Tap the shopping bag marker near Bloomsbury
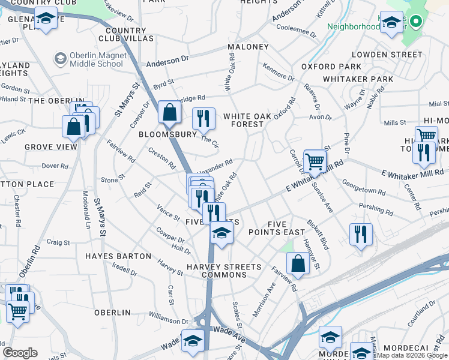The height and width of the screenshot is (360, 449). (x=170, y=112)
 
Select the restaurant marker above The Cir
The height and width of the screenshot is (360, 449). (x=203, y=119)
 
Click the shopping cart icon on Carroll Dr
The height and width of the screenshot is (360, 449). (x=315, y=161)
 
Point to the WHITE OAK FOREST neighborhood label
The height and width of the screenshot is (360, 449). (x=244, y=120)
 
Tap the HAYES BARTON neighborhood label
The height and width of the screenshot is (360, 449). (x=118, y=256)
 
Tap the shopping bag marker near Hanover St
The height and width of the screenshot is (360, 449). (x=298, y=262)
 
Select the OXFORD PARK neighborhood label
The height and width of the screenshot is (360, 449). (x=331, y=67)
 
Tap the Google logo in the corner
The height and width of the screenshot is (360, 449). (x=20, y=353)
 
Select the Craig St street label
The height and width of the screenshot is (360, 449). (x=58, y=243)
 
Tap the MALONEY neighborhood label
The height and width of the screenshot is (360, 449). (x=248, y=47)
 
